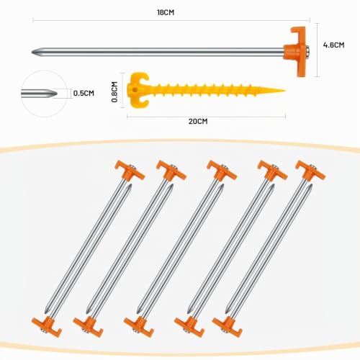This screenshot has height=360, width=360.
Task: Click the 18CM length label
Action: (x=166, y=12)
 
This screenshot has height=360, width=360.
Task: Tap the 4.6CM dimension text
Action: (x=333, y=45)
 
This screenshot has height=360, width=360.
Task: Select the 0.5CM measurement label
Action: (x=84, y=93)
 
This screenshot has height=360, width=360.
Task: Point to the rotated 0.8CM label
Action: (x=114, y=92)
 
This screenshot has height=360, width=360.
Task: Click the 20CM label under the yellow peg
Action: (x=198, y=121)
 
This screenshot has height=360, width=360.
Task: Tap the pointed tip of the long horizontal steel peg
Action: (x=32, y=52)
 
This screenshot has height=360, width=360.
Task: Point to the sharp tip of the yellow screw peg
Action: (x=284, y=91)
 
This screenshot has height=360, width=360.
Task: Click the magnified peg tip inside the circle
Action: (x=40, y=93)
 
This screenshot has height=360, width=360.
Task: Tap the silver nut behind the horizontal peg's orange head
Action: (x=307, y=51)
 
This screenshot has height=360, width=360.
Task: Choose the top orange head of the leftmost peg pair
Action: (x=130, y=171)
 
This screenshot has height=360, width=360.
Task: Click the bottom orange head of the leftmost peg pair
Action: (x=47, y=326)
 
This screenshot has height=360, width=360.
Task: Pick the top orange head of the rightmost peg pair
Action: (x=310, y=171)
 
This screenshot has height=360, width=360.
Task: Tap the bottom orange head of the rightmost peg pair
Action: (x=228, y=326)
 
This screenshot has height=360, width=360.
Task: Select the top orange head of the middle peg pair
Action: (x=222, y=171)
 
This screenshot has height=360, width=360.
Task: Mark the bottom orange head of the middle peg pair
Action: (x=139, y=326)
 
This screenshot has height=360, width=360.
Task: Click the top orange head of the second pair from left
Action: (x=171, y=171)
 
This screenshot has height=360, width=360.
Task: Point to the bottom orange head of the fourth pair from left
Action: (x=189, y=326)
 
